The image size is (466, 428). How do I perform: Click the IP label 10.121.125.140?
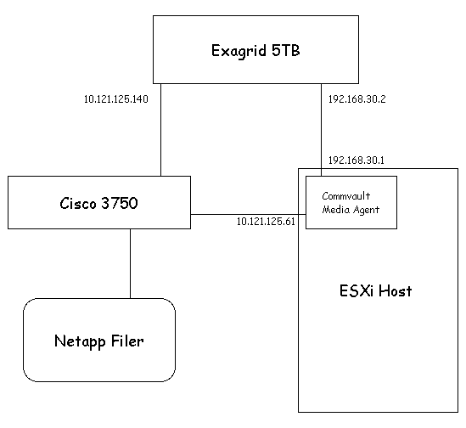pos(116,99)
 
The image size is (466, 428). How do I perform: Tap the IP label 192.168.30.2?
pos(357,99)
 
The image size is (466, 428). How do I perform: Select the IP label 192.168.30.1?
pos(356,160)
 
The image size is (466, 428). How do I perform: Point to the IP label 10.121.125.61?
pos(266,222)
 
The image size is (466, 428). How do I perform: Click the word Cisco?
pos(78,204)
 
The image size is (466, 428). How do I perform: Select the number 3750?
pos(120,204)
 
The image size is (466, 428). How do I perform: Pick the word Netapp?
pos(80,341)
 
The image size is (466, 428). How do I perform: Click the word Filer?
pos(127,341)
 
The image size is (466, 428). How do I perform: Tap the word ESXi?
pos(356,290)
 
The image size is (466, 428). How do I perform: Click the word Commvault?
pos(346,196)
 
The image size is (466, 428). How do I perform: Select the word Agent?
pos(366,211)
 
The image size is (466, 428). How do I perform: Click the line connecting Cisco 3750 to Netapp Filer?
pos(130,263)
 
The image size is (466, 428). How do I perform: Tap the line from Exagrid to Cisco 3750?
pos(160,130)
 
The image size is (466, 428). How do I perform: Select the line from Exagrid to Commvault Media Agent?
pos(321,130)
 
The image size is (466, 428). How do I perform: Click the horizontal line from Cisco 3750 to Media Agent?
pos(248,214)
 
